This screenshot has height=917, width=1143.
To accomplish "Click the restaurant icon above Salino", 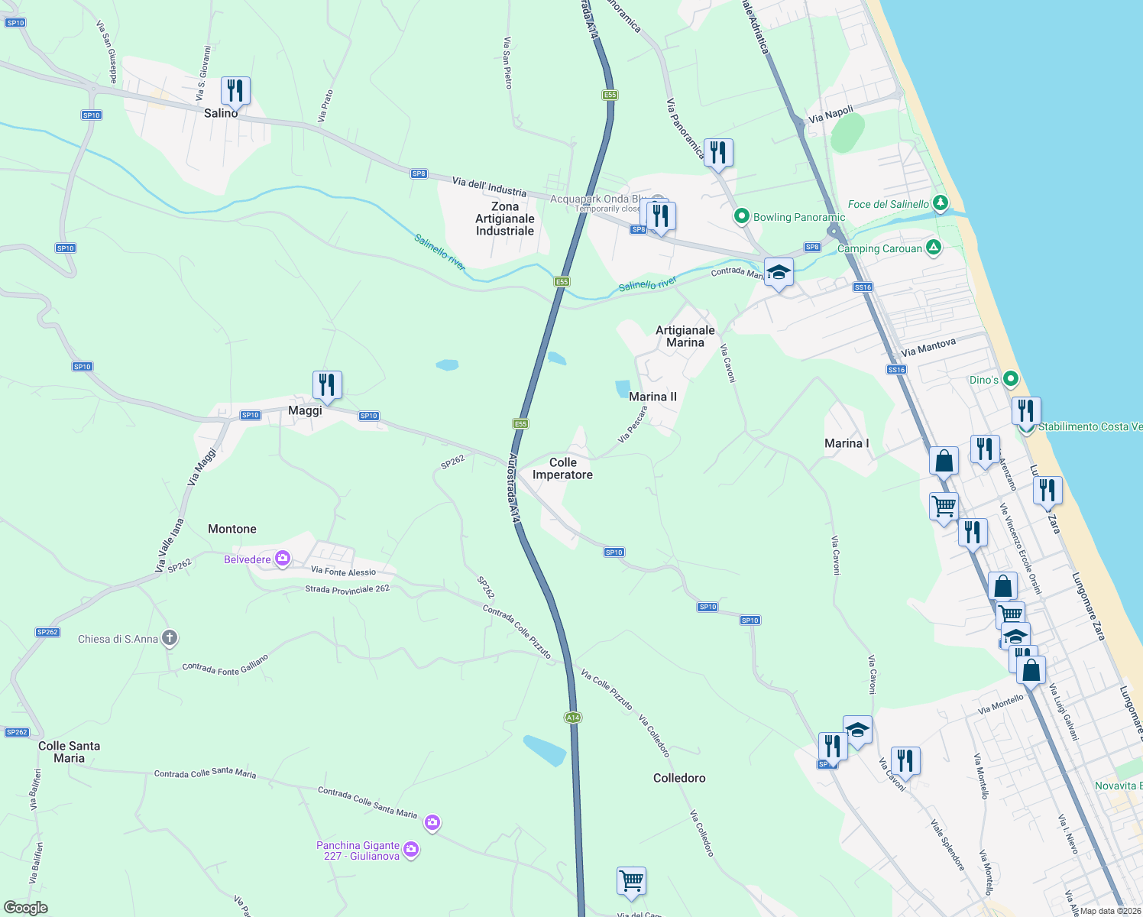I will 235,91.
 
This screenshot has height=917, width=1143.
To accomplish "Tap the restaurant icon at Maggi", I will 327,385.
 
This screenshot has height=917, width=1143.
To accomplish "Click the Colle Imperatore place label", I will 562,468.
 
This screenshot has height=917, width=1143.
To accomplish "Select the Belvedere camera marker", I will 283,559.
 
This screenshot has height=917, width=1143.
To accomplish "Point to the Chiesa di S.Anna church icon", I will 170,638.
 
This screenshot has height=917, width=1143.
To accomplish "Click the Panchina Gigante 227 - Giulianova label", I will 358,851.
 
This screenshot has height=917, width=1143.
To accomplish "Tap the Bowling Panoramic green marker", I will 741,217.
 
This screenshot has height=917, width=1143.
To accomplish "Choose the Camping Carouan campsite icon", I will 933,248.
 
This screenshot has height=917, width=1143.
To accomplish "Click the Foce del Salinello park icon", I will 941,203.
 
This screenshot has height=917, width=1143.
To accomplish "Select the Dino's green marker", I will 1011,379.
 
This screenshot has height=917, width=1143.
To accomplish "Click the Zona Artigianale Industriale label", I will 505,219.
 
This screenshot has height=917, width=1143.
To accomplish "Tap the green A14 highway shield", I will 573,718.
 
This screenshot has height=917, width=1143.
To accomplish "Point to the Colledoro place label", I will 679,778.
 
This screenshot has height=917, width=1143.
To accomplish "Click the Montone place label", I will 232,529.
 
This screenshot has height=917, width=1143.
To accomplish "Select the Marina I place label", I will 847,443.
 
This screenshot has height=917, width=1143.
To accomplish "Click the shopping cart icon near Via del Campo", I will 631,881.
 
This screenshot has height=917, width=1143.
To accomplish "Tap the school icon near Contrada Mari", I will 778,272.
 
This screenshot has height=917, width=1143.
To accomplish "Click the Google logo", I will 26,908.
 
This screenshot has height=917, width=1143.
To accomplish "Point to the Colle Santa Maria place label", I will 69,752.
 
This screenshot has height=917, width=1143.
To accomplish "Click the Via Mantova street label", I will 928,348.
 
